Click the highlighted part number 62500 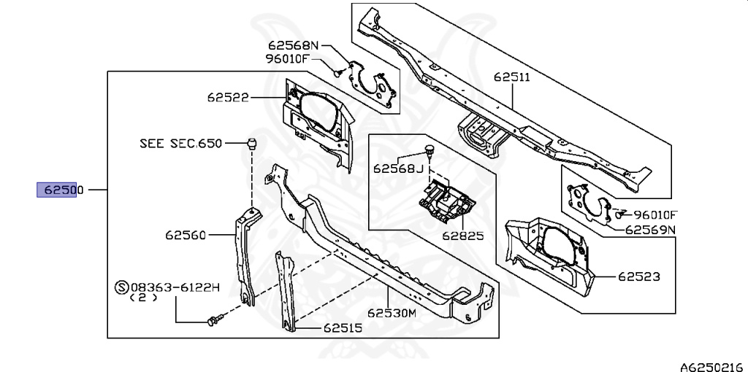click(57, 190)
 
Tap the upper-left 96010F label click(288, 58)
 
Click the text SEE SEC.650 click(180, 144)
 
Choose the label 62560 click(186, 235)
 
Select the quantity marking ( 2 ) click(144, 298)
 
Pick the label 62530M click(392, 314)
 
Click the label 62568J click(398, 168)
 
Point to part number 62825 click(462, 236)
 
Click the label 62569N click(650, 230)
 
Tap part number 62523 click(638, 276)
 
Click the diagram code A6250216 click(712, 365)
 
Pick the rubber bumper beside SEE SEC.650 click(252, 142)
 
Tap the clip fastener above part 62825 click(429, 152)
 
